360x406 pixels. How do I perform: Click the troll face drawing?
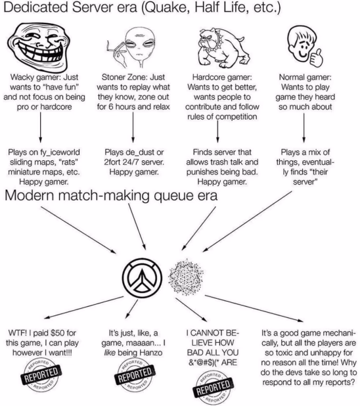pos(39,47)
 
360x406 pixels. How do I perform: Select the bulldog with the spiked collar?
pos(223,47)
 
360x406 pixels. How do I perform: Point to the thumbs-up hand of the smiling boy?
pos(316,58)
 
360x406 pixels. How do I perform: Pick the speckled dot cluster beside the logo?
pos(185,277)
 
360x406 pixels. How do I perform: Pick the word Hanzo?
pos(151,353)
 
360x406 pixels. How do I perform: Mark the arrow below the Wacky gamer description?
pos(41,127)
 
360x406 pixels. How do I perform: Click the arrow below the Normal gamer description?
pos(304,127)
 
